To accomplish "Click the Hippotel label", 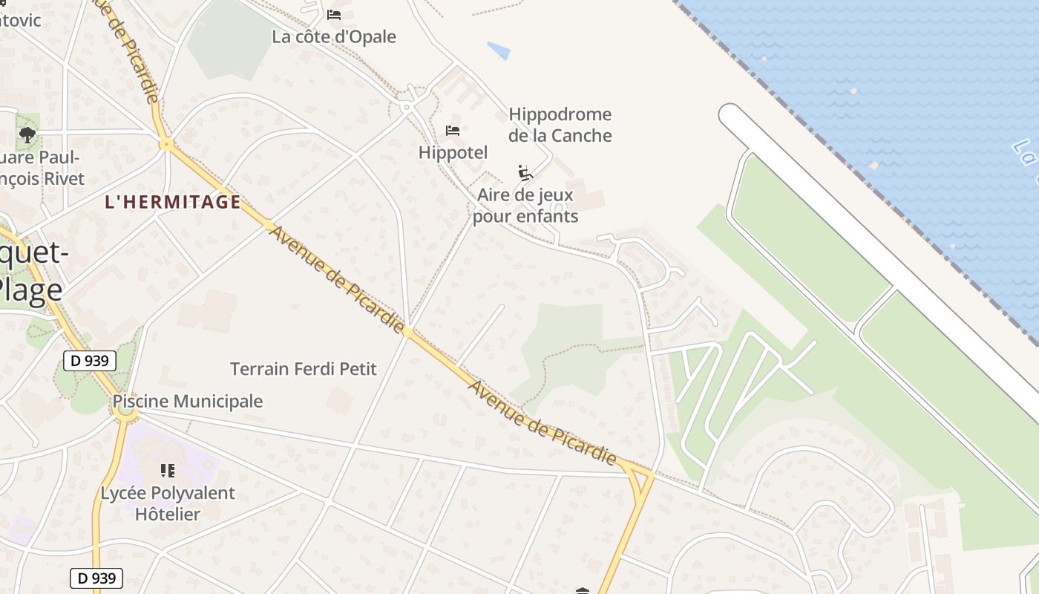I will [x=453, y=153].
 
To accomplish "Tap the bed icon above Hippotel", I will [x=453, y=131].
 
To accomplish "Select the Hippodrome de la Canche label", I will [x=560, y=125].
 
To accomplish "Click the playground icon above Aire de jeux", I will [x=525, y=173].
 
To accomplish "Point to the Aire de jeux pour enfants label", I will [x=525, y=206].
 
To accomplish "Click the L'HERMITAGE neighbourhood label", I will [x=173, y=201].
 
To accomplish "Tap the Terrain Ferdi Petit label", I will [x=304, y=369].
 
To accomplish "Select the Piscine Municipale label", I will [x=188, y=402].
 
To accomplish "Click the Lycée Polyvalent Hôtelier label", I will [x=168, y=503].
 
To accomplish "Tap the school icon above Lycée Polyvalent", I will [x=168, y=471].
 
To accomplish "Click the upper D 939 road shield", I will [x=90, y=362].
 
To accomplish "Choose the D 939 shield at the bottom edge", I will [x=96, y=578].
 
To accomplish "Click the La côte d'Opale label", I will [x=334, y=37].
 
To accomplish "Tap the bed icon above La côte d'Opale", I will [x=334, y=14].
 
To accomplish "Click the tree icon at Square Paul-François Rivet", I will [x=27, y=134].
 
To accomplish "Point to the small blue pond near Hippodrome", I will [x=499, y=50].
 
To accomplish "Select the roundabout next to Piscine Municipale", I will [x=127, y=414].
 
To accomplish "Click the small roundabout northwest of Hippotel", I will [x=406, y=108].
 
